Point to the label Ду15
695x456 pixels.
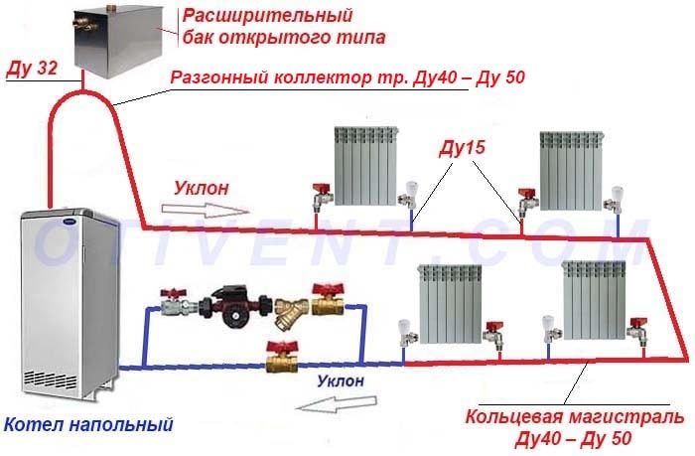coord(463,148)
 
